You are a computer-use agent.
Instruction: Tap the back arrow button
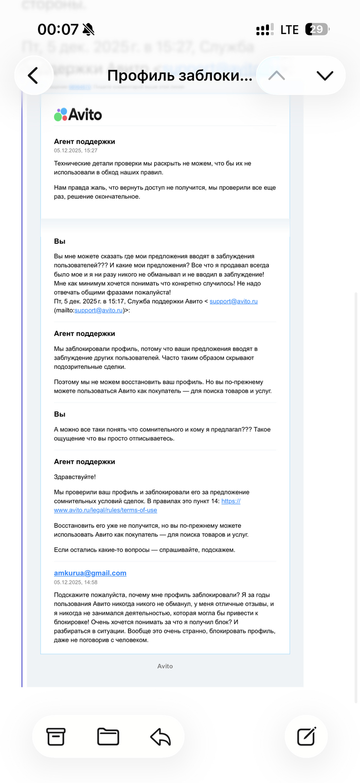tap(33, 76)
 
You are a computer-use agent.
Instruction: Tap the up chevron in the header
tap(277, 76)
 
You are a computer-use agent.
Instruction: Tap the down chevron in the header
tap(325, 76)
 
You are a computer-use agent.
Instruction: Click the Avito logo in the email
tap(78, 114)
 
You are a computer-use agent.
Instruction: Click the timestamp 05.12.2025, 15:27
tap(76, 151)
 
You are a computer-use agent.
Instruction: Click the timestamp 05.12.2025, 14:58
tap(76, 582)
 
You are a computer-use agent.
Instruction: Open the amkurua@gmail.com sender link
tap(90, 573)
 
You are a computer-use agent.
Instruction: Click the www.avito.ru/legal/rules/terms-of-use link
tap(105, 510)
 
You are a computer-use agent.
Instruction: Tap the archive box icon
tap(56, 737)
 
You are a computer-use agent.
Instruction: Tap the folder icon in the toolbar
tap(108, 737)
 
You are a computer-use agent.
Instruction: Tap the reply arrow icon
tap(160, 737)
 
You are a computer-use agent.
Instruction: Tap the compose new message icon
tap(307, 737)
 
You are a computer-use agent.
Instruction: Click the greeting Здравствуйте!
tap(75, 477)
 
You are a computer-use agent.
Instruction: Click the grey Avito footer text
tap(165, 666)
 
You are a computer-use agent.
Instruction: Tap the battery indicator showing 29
tap(317, 29)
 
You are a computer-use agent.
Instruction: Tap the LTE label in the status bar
tap(289, 30)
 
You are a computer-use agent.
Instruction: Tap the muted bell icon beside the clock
tap(88, 29)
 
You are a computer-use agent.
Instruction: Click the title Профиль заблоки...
tap(179, 76)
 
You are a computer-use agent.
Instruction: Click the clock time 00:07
tap(58, 29)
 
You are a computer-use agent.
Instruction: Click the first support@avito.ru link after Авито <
tap(233, 301)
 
